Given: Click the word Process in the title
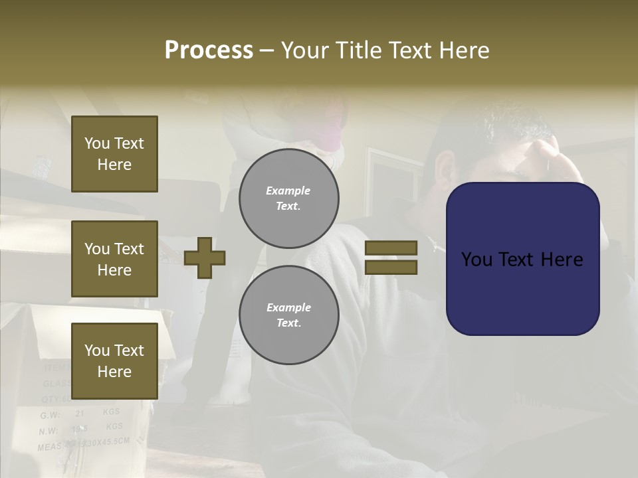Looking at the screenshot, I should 209,50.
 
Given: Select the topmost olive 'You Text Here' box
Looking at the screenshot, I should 114,154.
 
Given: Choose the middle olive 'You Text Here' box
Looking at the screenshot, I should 114,259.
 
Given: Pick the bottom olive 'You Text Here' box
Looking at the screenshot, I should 114,360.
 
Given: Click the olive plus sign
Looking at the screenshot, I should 205,258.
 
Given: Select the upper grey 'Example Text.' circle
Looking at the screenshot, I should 288,199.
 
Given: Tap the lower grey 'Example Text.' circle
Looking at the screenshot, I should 288,315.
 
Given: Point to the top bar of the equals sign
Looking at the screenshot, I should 391,248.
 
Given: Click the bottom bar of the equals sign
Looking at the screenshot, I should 391,268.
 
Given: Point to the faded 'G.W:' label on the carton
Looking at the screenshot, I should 50,415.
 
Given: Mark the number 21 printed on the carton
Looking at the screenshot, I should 80,413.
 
